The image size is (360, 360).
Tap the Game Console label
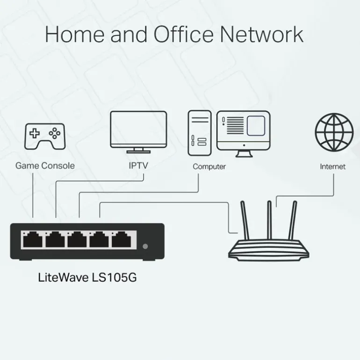[x=45, y=166]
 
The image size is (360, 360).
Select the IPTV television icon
[x=138, y=131]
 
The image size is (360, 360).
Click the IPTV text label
[x=138, y=166]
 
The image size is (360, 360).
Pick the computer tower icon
[x=200, y=133]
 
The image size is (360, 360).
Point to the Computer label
[x=209, y=166]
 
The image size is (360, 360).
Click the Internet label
[x=333, y=166]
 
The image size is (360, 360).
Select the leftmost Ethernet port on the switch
[x=32, y=240]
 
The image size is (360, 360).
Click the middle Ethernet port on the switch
[x=78, y=240]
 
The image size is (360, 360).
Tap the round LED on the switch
[x=145, y=246]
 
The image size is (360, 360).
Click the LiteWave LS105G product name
[x=87, y=277]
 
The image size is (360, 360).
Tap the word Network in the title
[x=261, y=35]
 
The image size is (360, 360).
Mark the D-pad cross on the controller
[x=35, y=133]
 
